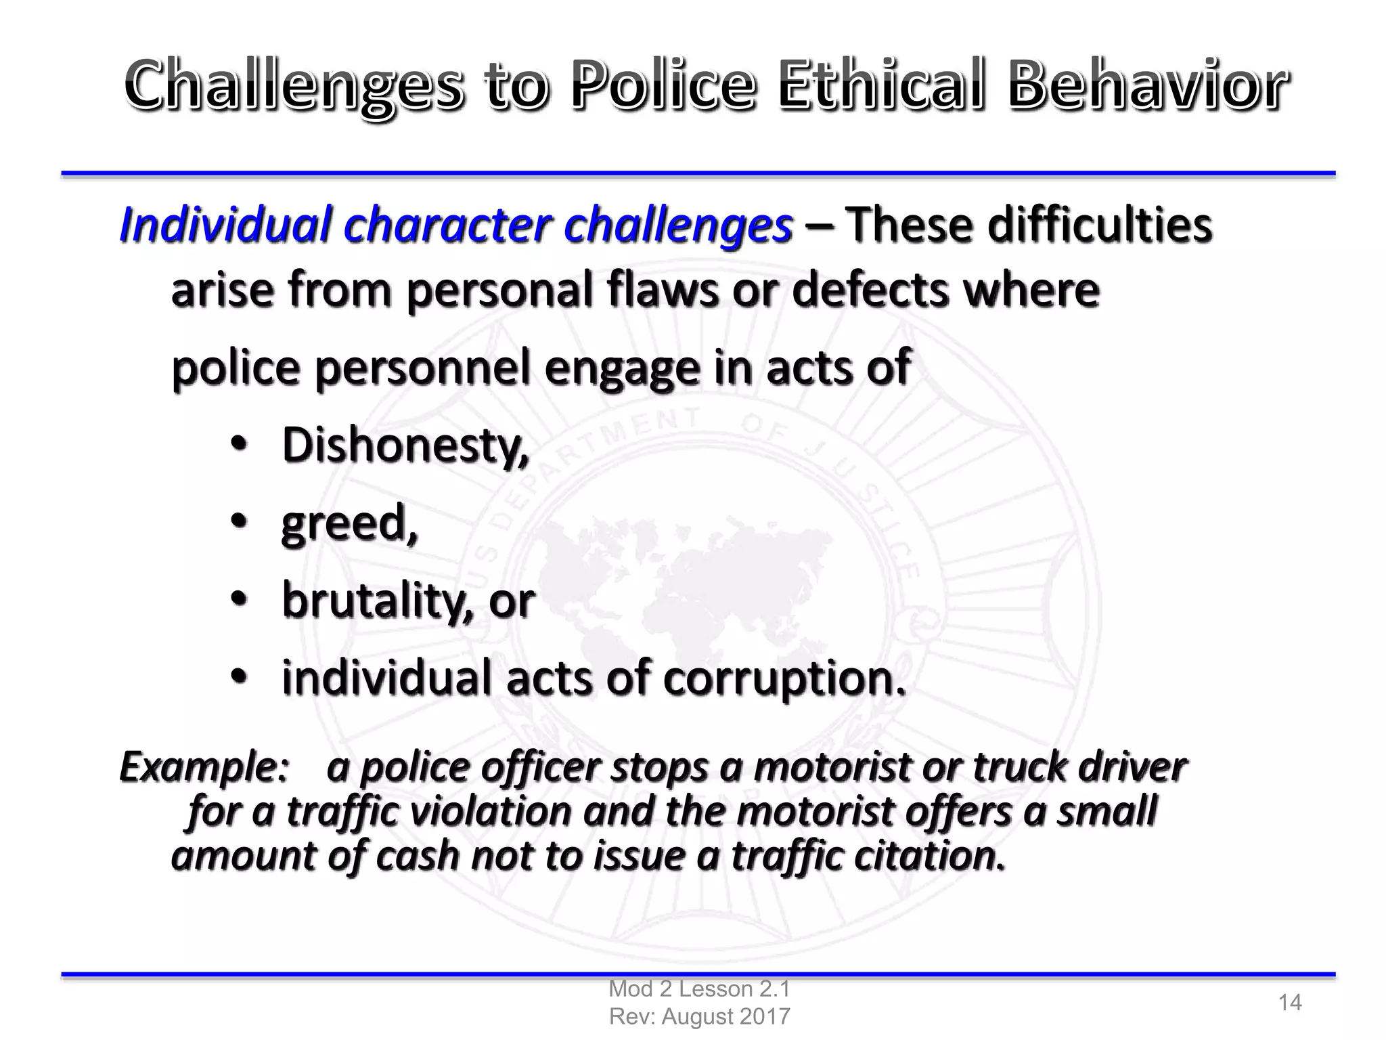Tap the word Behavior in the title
1147,86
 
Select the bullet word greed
348,523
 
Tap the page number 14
1289,1002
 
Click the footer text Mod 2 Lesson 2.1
699,989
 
